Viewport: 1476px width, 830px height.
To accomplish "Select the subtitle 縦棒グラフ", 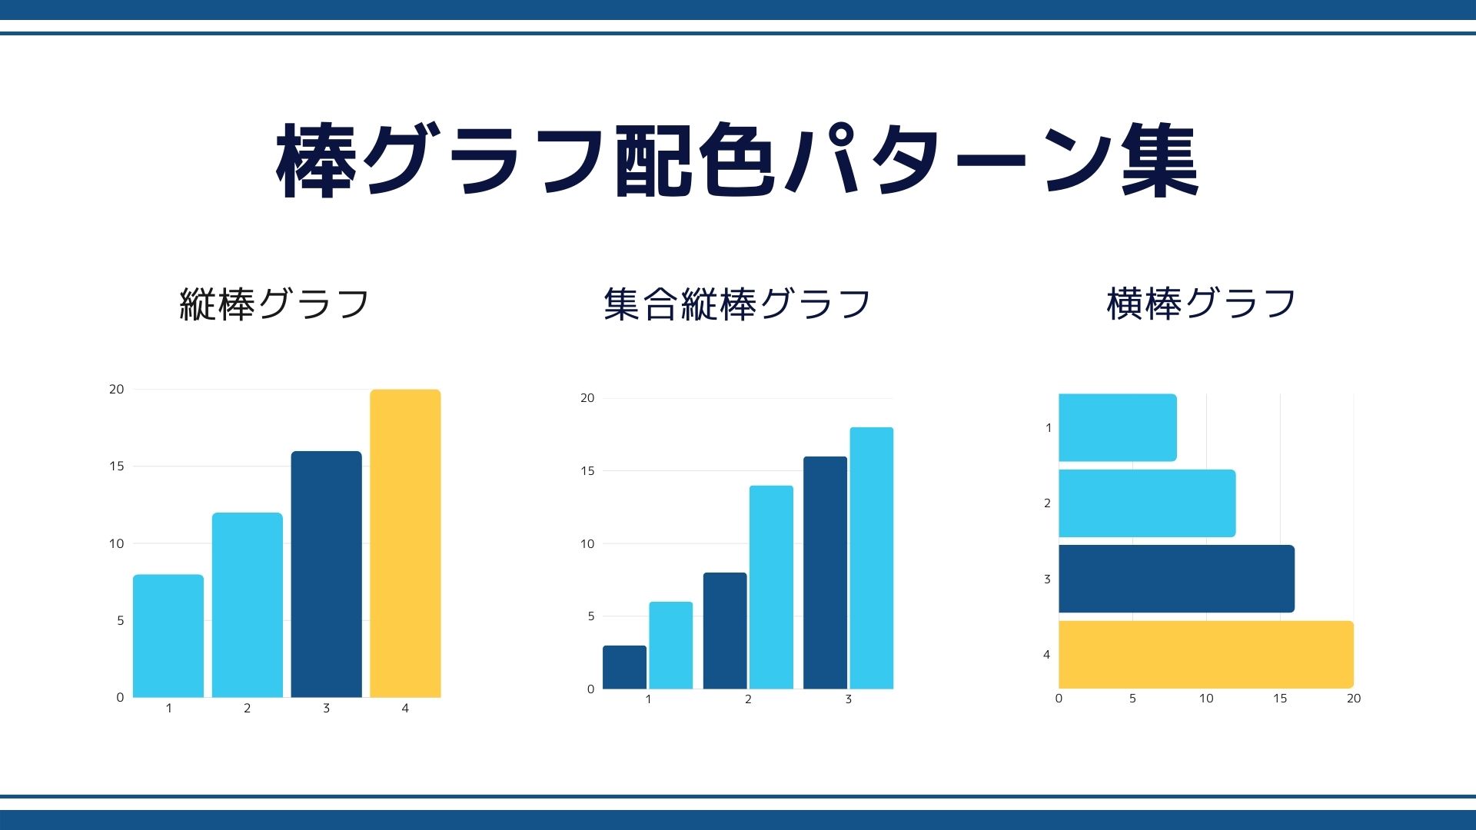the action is [274, 304].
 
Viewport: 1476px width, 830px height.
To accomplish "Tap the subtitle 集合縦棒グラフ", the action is [737, 304].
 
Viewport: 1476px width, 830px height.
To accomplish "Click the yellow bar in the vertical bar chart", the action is [405, 543].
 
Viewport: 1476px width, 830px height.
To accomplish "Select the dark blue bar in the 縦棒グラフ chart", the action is [326, 574].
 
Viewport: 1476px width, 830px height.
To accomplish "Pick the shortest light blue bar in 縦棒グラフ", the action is [168, 636].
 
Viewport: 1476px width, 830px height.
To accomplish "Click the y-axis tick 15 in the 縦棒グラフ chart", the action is [116, 466].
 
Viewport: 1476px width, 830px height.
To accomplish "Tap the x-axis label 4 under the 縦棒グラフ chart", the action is [405, 708].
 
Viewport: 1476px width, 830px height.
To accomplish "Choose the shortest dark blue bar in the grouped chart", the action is [624, 667].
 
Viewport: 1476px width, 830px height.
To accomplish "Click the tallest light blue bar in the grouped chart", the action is [872, 558].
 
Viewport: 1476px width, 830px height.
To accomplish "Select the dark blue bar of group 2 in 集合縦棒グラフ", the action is [725, 631].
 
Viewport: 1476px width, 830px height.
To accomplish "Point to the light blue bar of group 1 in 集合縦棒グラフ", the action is [671, 646].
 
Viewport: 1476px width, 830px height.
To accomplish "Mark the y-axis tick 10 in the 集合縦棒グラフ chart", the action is [587, 543].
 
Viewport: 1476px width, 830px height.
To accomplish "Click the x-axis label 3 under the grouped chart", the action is [849, 699].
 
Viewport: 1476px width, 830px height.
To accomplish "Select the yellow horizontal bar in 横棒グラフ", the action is [1206, 654].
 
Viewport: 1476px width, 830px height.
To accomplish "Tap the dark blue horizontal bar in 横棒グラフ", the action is [1176, 579].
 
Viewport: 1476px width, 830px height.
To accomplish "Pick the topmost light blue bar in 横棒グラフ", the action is [1118, 427].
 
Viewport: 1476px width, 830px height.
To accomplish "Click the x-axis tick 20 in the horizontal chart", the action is [1354, 698].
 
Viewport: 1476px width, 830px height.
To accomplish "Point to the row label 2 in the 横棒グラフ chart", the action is [1047, 503].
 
